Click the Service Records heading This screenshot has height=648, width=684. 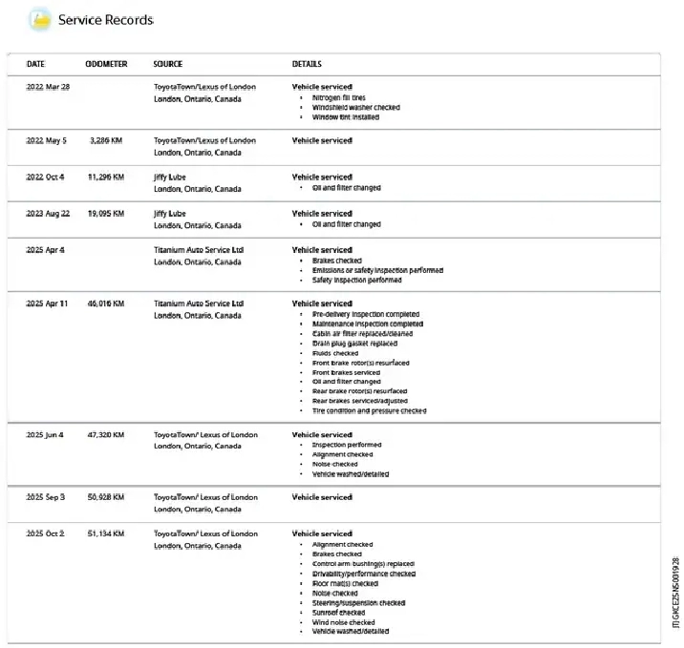pos(105,19)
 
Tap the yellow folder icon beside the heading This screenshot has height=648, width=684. pos(40,18)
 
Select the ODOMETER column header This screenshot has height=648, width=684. pos(106,64)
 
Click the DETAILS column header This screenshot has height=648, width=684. pos(307,64)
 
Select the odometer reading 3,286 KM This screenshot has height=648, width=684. pos(106,140)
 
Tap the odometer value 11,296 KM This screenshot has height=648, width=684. pos(106,177)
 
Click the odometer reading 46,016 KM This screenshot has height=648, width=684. pos(106,303)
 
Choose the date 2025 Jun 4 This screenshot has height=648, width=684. pos(45,434)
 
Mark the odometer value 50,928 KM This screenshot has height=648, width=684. pos(106,497)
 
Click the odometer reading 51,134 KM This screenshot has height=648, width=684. pos(106,533)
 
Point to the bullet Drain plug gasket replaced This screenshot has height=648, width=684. pos(354,344)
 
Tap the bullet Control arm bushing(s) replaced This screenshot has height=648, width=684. pos(363,564)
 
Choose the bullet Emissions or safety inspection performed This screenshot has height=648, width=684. pos(377,270)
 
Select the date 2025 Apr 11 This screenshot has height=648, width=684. pos(48,303)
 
